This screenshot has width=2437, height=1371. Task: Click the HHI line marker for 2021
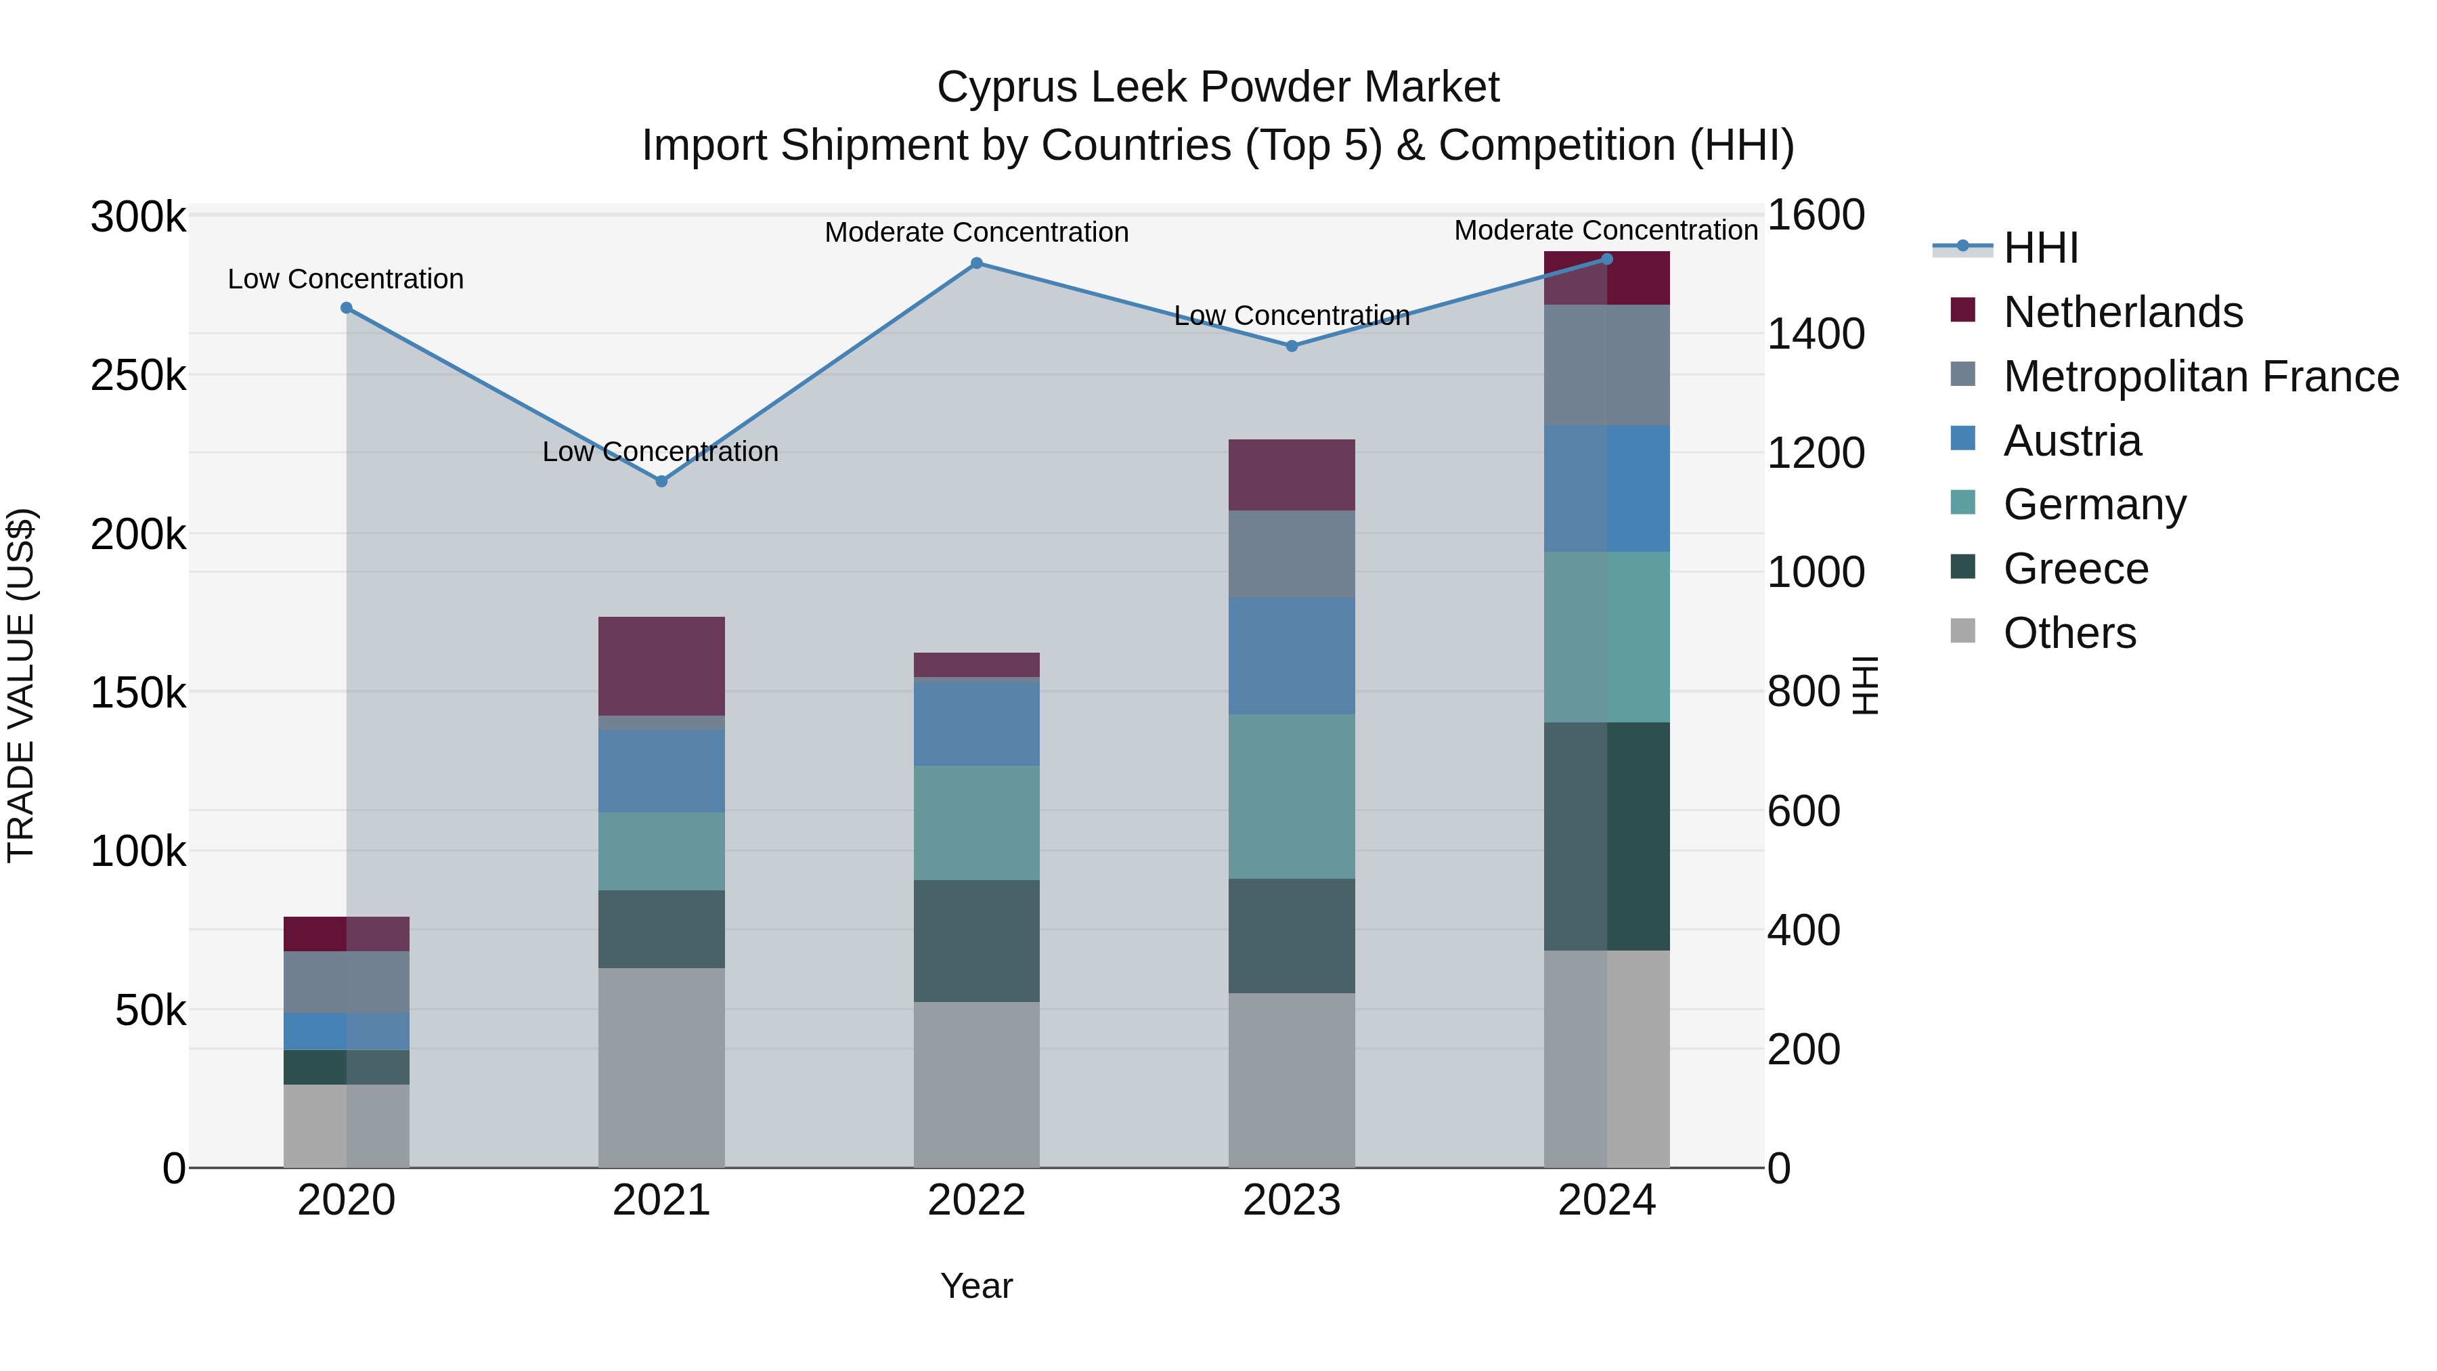661,481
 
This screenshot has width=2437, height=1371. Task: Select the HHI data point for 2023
1292,346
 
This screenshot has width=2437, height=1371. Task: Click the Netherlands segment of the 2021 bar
661,666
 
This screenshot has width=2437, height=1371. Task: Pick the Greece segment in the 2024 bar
1606,836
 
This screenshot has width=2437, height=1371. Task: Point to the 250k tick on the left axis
138,376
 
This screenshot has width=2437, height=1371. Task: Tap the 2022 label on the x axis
976,1200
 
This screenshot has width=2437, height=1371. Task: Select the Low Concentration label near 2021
660,452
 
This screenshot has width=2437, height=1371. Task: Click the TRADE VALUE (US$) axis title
22,686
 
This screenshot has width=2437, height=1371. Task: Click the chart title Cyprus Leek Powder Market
1218,88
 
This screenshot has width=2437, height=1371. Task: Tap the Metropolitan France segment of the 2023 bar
1292,554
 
